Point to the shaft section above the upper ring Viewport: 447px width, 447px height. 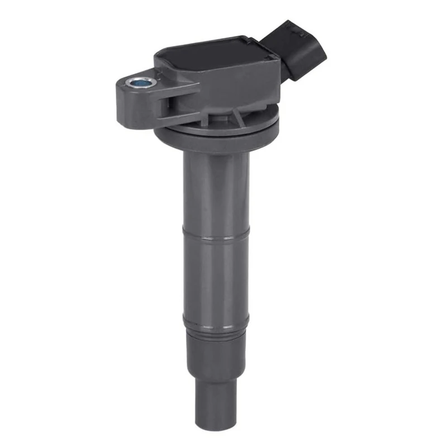[215, 196]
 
